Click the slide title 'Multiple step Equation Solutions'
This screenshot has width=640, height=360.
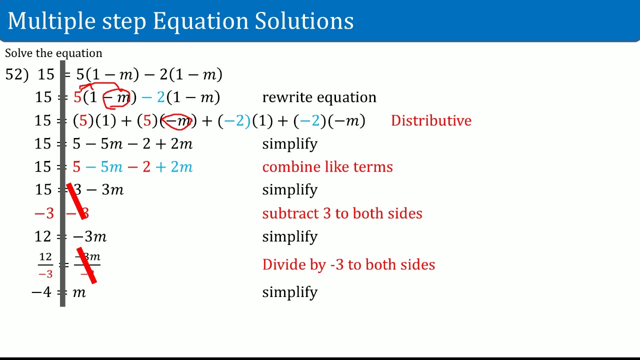[x=180, y=21]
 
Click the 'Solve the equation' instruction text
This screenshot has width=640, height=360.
[x=53, y=53]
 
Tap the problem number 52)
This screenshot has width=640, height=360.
[x=16, y=75]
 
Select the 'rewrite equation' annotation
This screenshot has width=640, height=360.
[x=319, y=97]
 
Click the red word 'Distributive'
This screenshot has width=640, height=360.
[x=431, y=120]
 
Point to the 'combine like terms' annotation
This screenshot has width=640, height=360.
[x=327, y=167]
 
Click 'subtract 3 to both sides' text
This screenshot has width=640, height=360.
[x=342, y=213]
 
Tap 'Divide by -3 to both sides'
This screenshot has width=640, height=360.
[x=348, y=264]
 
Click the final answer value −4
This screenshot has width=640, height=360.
[x=41, y=292]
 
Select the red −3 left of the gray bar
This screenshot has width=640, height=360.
[x=44, y=213]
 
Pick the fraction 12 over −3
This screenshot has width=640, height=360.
[x=45, y=265]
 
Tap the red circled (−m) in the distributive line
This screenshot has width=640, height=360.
[x=178, y=121]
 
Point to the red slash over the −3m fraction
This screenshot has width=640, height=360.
[x=86, y=265]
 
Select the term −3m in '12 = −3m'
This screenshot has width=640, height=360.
[x=90, y=236]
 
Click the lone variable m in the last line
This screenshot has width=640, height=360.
[x=79, y=292]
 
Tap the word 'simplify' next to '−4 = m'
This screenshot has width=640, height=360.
[x=289, y=292]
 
